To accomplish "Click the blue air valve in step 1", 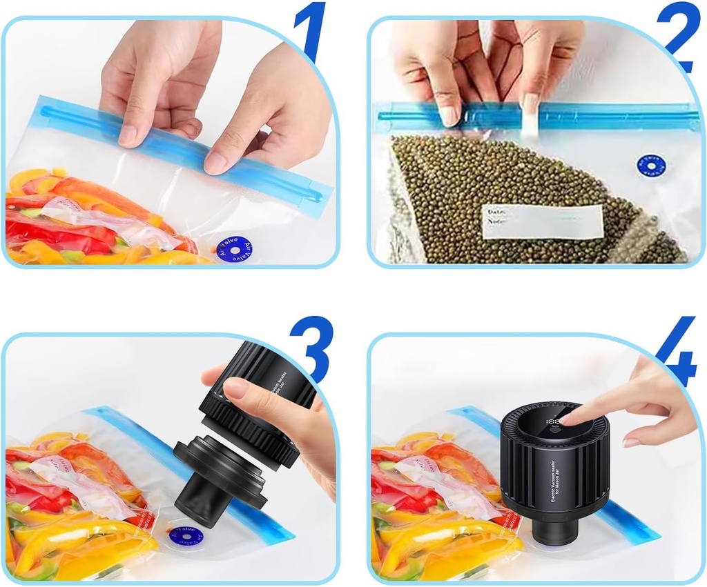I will [233, 249].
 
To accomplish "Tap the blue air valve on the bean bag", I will [650, 166].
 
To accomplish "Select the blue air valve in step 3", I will [185, 537].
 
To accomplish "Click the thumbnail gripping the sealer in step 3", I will [235, 388].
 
